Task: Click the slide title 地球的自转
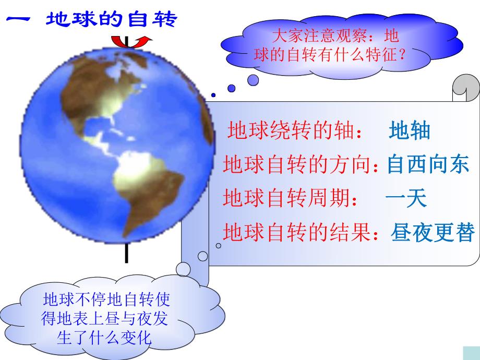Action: [x=112, y=20]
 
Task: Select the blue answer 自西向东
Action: [x=428, y=165]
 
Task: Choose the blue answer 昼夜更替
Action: [x=433, y=232]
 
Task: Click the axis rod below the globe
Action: [x=127, y=253]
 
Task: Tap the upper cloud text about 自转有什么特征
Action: [x=328, y=46]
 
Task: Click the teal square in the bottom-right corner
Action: [x=472, y=353]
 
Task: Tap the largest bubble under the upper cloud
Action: [x=253, y=80]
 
